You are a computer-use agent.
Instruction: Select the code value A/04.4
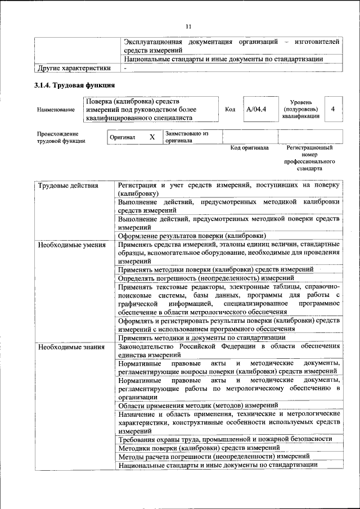256,109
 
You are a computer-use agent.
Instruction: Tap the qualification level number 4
334,109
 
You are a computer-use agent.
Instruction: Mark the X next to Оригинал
152,137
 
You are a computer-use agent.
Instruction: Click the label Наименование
56,110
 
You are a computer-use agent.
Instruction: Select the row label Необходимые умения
71,245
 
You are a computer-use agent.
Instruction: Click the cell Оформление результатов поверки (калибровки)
192,236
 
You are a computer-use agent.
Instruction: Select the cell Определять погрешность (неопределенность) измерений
206,278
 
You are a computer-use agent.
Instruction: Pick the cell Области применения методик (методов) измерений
198,405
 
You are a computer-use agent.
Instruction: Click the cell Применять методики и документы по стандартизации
201,337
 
